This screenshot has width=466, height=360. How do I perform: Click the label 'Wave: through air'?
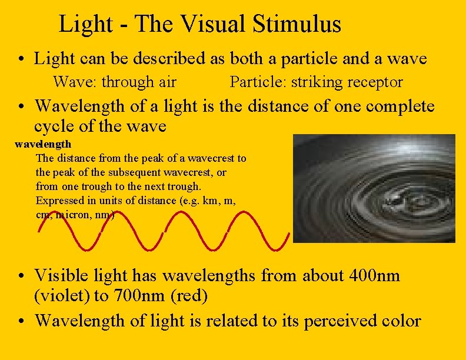[x=115, y=82]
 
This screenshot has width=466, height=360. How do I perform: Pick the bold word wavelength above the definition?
[x=43, y=144]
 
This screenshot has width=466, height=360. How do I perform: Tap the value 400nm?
[x=375, y=275]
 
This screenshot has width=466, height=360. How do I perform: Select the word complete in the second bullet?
[x=400, y=106]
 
